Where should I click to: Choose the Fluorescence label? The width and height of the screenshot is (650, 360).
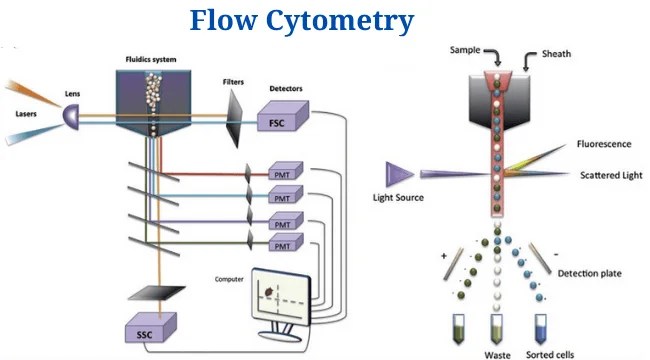[603, 144]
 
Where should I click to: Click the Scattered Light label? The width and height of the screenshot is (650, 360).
[610, 176]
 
